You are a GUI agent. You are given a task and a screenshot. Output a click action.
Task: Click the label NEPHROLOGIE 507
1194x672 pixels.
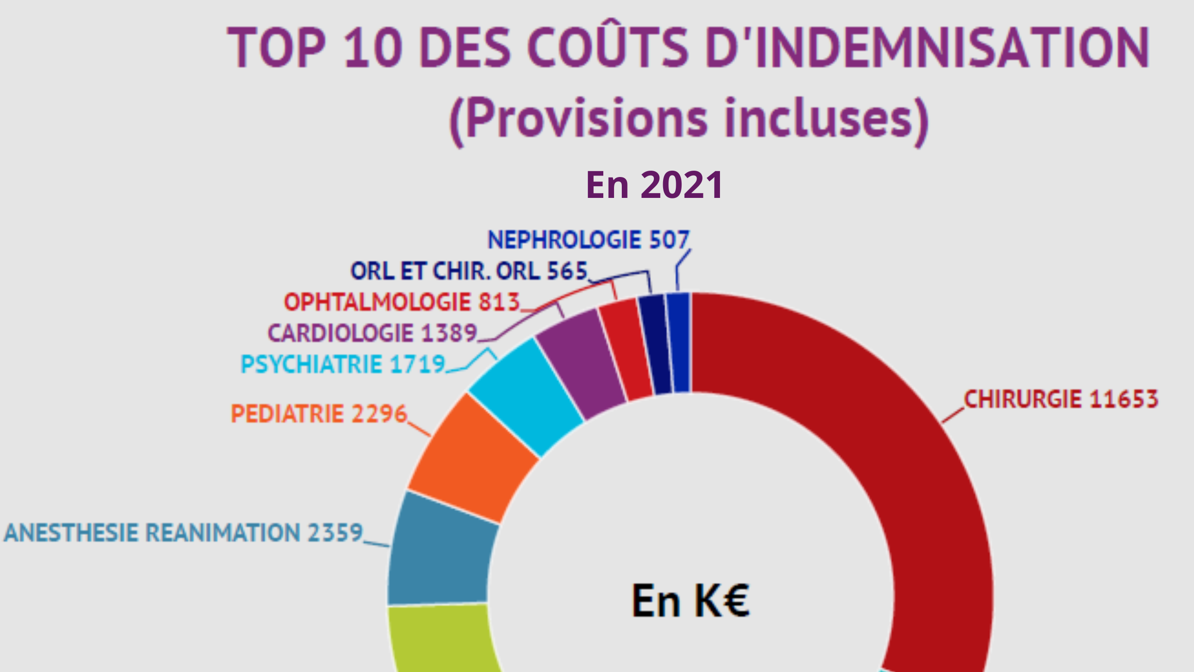click(589, 240)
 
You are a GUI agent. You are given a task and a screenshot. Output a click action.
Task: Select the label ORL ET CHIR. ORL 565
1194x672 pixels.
click(469, 271)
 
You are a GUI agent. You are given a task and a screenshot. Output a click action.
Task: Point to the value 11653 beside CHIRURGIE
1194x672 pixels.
click(1124, 399)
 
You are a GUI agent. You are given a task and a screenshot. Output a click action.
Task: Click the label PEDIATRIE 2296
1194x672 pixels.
click(319, 414)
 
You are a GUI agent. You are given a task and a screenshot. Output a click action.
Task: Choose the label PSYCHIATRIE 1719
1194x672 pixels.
click(343, 364)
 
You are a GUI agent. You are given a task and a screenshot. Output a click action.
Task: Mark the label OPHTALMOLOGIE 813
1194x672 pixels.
click(402, 302)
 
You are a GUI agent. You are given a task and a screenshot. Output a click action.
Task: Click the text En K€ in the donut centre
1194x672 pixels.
click(690, 600)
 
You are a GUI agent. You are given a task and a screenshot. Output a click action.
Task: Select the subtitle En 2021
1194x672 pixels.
click(654, 184)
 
